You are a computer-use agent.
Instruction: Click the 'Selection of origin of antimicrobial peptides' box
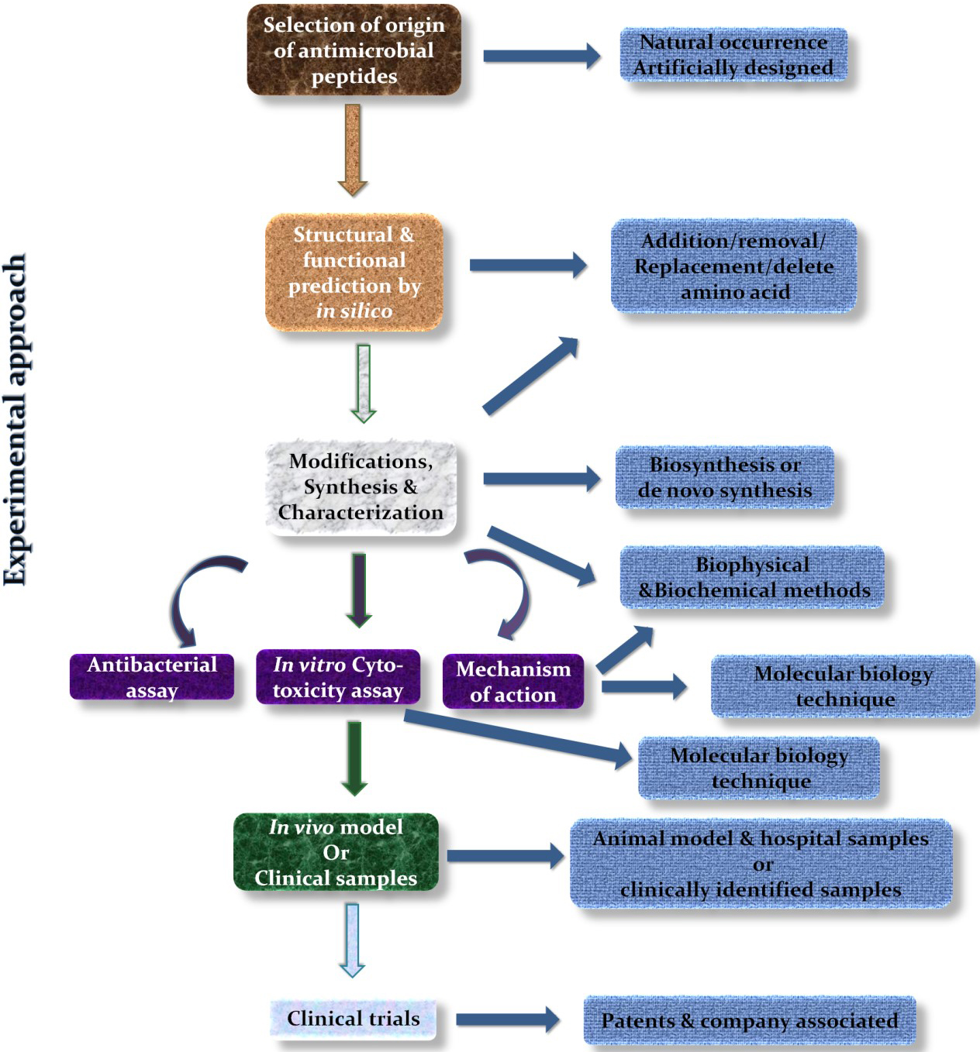tap(354, 50)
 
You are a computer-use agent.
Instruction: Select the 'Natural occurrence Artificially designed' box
tap(733, 55)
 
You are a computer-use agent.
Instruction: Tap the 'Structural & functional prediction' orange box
tap(354, 272)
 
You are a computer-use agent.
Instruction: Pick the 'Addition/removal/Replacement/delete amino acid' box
tap(733, 266)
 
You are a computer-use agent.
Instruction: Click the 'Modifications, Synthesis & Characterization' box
tap(361, 487)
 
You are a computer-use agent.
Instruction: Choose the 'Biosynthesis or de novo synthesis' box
tap(724, 477)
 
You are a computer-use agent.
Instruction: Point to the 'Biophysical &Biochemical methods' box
tap(752, 577)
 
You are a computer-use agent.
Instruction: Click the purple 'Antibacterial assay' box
tap(152, 677)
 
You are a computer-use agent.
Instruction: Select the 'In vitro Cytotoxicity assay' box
tap(338, 677)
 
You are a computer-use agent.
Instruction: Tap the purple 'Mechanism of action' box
tap(513, 681)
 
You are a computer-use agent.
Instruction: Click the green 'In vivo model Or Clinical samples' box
tap(336, 852)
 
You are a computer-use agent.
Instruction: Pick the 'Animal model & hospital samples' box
tap(761, 863)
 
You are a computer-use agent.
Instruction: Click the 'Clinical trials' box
tap(353, 1019)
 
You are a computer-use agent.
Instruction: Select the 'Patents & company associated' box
tap(750, 1021)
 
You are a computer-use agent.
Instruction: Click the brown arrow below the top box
tap(353, 150)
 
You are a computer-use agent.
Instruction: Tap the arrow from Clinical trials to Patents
tap(507, 1019)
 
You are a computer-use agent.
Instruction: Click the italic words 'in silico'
tap(354, 311)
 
